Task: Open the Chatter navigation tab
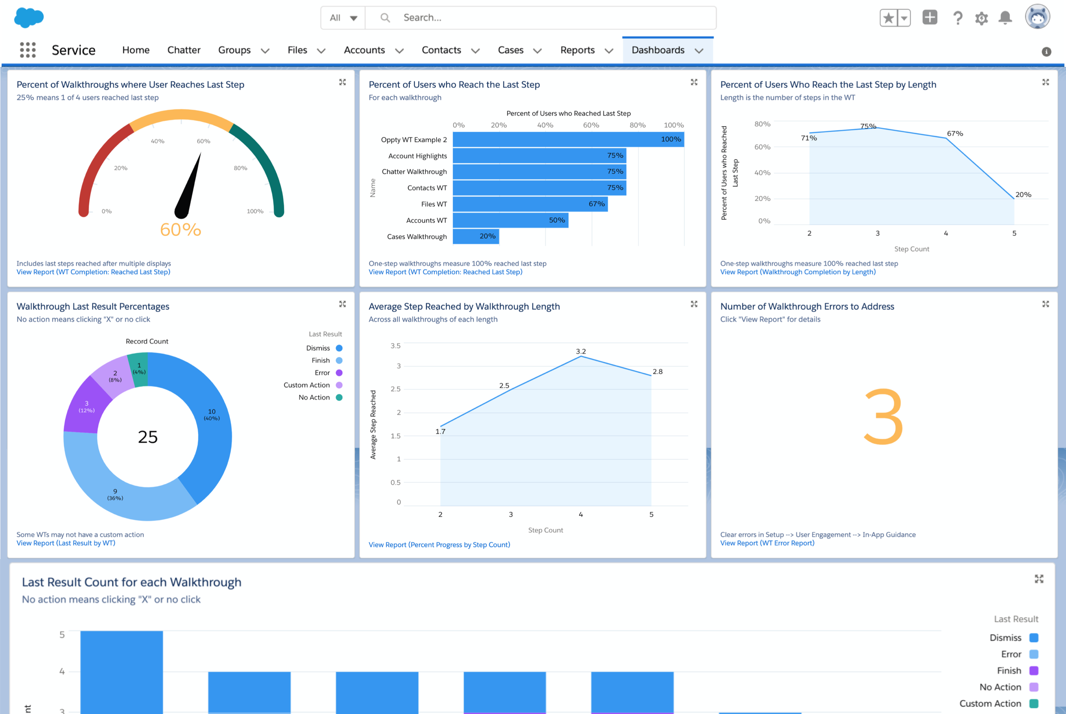(x=183, y=50)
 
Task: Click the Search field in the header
(x=546, y=18)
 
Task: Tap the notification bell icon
(x=1005, y=18)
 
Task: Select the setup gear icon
(x=981, y=18)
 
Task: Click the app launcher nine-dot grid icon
(x=28, y=50)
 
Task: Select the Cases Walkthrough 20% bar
(x=476, y=236)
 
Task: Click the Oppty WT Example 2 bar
(x=568, y=139)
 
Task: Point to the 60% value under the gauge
(x=181, y=229)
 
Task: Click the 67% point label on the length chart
(x=955, y=133)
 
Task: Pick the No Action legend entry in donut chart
(x=314, y=398)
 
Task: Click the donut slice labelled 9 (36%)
(x=115, y=494)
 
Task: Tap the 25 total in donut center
(x=147, y=437)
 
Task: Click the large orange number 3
(x=883, y=417)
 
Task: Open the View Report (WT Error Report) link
(x=767, y=543)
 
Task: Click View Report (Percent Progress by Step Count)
(x=439, y=545)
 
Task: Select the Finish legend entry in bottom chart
(x=1009, y=671)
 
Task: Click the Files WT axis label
(x=434, y=204)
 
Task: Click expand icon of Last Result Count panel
(x=1039, y=579)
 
